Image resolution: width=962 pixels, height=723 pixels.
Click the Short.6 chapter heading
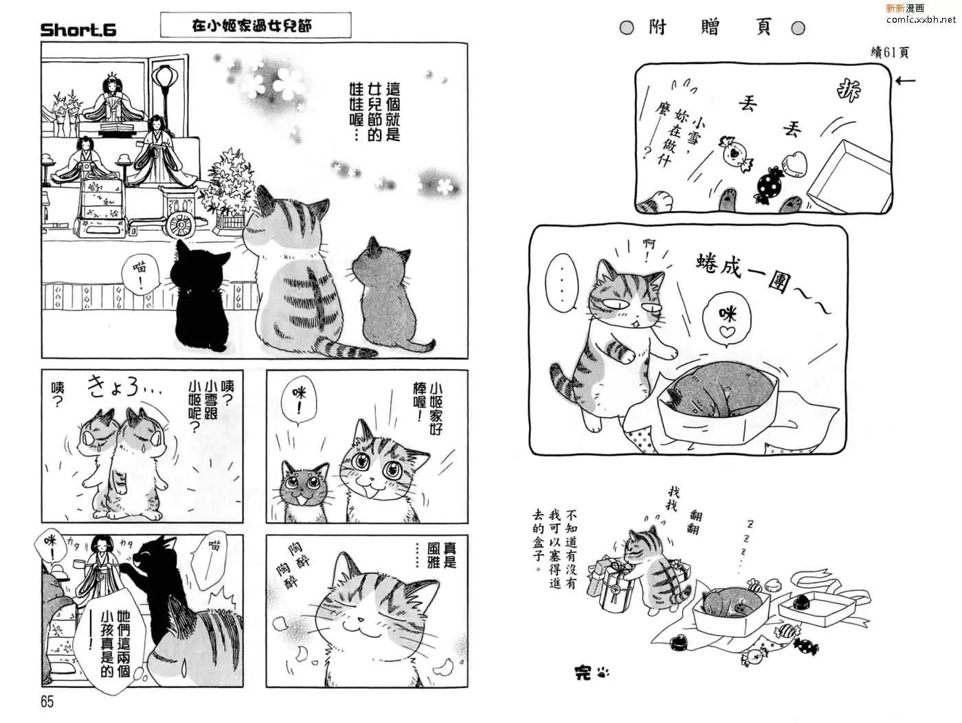click(x=78, y=30)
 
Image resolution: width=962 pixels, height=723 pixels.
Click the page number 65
click(x=47, y=702)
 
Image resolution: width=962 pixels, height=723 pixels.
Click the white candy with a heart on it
click(x=736, y=153)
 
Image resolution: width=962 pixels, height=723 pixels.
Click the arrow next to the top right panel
click(x=906, y=80)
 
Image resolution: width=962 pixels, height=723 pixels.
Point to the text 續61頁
click(x=889, y=53)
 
